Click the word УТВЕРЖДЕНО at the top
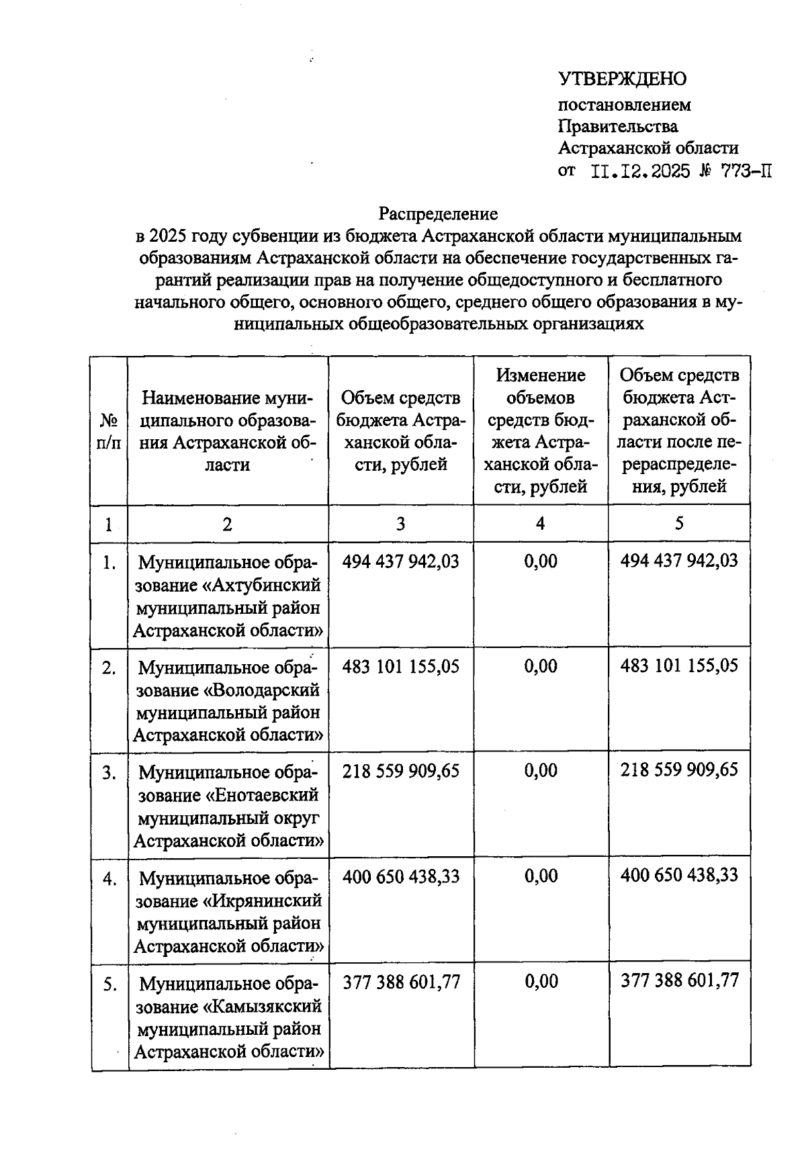[x=622, y=79]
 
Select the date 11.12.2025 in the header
[x=641, y=171]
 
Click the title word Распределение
[x=438, y=214]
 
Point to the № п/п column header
[x=109, y=431]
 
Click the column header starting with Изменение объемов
[x=541, y=430]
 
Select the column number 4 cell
[x=541, y=524]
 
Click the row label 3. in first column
[x=109, y=773]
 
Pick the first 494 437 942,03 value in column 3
[x=401, y=561]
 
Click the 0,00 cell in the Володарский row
[x=541, y=666]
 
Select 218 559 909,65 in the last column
[x=679, y=770]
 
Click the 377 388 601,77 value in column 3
[x=402, y=982]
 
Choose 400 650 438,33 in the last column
[x=679, y=875]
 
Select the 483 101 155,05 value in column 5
[x=679, y=665]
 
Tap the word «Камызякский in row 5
[x=263, y=1007]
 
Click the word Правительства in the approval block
[x=618, y=126]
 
